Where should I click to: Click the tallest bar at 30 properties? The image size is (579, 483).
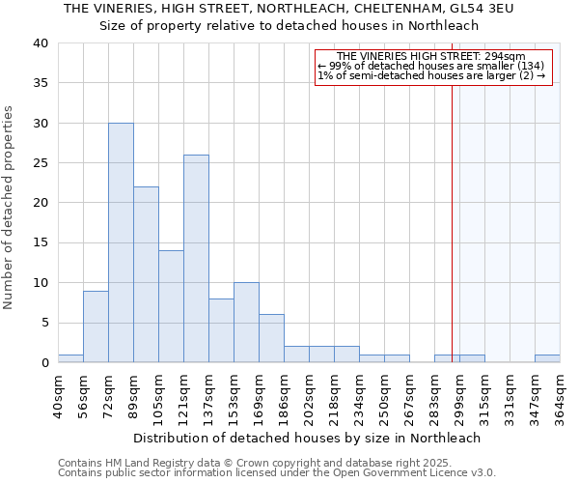coord(121,242)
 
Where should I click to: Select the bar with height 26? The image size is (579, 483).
coord(196,259)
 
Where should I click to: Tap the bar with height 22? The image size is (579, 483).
coord(146,274)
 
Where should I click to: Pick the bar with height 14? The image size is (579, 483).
coord(171,306)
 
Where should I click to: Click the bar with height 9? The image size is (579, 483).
coord(96,327)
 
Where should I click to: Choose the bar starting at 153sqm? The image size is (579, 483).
coord(246,323)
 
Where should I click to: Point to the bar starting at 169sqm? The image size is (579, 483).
coord(271,338)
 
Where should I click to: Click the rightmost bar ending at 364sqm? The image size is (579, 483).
coord(547,358)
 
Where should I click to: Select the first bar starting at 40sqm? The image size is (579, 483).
coord(70,358)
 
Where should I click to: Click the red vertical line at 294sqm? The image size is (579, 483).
coord(452,213)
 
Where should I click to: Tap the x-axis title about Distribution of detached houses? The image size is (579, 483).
coord(307,438)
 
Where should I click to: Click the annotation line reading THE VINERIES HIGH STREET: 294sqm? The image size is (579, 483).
coord(431,57)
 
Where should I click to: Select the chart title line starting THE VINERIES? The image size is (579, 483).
coord(289,9)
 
